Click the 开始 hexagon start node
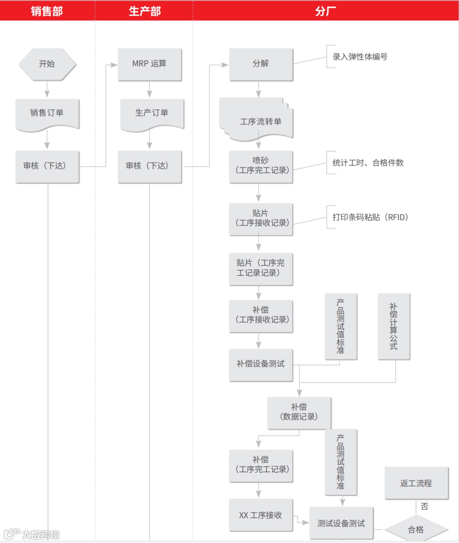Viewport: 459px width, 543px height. click(47, 64)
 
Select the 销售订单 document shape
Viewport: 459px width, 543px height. click(47, 113)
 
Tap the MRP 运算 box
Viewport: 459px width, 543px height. click(150, 64)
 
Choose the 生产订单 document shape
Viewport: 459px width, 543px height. click(152, 113)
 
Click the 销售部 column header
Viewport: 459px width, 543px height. click(47, 11)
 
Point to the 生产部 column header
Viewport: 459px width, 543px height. click(144, 11)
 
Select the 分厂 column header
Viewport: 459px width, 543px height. click(326, 11)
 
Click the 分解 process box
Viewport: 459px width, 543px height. click(261, 64)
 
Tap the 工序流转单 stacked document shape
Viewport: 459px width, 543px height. click(261, 122)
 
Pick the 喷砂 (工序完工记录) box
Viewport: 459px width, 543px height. click(261, 166)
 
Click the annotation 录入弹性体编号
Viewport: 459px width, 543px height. click(360, 57)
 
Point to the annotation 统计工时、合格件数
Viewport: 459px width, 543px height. click(368, 163)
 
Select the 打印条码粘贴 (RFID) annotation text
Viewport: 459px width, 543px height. click(370, 217)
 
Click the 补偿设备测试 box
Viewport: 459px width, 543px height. click(261, 364)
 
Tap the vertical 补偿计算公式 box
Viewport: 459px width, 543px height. click(394, 326)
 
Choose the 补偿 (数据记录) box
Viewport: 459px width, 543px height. click(299, 412)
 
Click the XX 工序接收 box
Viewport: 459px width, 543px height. click(261, 515)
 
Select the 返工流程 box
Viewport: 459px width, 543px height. click(416, 483)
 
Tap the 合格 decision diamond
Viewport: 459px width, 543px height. click(416, 530)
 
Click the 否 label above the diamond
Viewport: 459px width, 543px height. click(424, 506)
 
